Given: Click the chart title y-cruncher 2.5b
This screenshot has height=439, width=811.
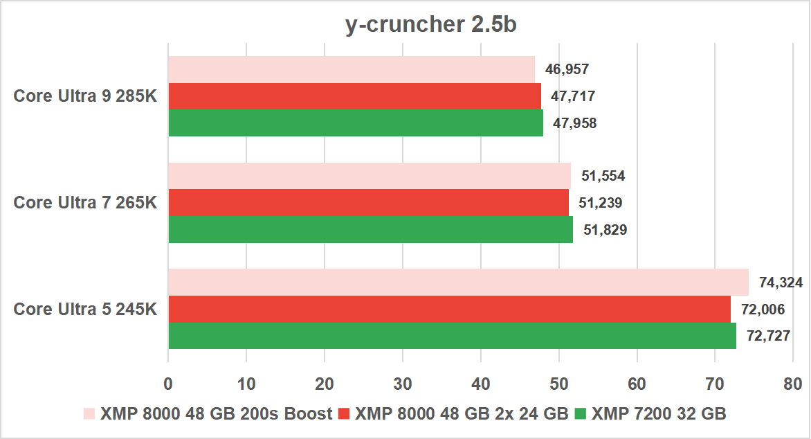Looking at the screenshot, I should click(x=431, y=26).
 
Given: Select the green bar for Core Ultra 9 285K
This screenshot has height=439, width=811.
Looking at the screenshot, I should click(x=356, y=123).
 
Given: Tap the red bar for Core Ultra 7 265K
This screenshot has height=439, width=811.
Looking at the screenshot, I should click(x=369, y=203).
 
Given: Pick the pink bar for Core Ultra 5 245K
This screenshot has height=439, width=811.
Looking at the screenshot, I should click(x=458, y=283).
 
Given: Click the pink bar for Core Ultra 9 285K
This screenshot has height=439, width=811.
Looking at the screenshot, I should click(x=352, y=69).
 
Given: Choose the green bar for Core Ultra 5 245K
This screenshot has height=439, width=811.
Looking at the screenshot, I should click(x=452, y=336).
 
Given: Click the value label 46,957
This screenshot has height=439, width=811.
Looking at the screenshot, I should click(x=567, y=69).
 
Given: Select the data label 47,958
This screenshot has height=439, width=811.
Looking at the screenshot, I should click(x=574, y=123).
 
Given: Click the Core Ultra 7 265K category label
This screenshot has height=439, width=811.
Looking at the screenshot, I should click(x=86, y=203).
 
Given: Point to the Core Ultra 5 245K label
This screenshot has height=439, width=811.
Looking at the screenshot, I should click(x=86, y=309).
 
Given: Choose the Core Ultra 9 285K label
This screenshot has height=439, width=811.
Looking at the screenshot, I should click(x=86, y=96).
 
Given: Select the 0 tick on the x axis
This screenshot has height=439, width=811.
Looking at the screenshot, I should click(x=168, y=384).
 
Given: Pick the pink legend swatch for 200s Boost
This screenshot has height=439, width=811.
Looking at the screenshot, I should click(x=89, y=414).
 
